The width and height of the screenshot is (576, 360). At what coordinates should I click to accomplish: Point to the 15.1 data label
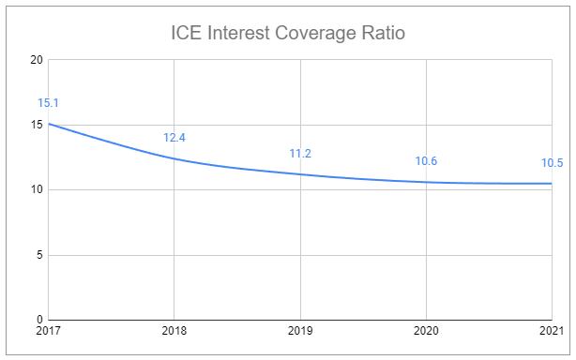pos(49,103)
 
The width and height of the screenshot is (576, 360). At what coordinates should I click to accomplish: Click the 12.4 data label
pos(174,138)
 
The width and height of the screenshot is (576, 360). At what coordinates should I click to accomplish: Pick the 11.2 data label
pos(300,154)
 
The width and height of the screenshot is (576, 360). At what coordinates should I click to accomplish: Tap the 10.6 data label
pos(426,161)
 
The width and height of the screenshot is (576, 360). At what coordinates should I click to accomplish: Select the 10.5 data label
pos(553,162)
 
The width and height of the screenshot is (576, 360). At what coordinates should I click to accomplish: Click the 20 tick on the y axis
pos(37,60)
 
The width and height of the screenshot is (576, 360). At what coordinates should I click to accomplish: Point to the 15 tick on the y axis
pos(37,125)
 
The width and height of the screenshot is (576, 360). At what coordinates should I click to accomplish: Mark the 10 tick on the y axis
pos(37,190)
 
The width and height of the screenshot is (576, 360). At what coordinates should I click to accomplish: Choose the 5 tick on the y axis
pos(39,255)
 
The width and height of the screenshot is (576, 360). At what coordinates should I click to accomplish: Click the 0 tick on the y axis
pos(39,320)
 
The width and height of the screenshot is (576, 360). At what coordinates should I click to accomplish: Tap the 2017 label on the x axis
pos(49,332)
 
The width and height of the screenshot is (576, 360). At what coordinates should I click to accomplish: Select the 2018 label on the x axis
pos(174,332)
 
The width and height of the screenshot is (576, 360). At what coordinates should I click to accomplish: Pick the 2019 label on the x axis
pos(300,332)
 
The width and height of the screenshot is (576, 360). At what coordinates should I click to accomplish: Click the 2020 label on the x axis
pos(426,332)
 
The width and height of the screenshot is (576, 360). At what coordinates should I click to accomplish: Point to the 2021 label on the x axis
pos(551,332)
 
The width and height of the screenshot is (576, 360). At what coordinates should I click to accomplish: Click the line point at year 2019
pos(300,174)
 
